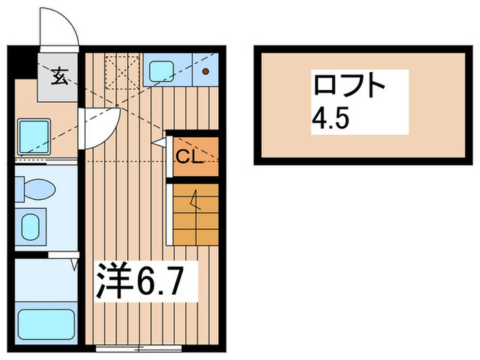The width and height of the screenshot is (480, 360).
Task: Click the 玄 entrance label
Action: pos(60,76)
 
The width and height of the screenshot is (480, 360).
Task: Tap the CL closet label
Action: pos(188,157)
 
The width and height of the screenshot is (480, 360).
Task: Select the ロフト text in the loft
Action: pos(348,87)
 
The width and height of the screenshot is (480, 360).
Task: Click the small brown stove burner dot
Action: pos(205,71)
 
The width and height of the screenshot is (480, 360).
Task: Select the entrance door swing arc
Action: pos(59,29)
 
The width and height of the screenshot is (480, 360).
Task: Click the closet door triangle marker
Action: pos(160,143)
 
